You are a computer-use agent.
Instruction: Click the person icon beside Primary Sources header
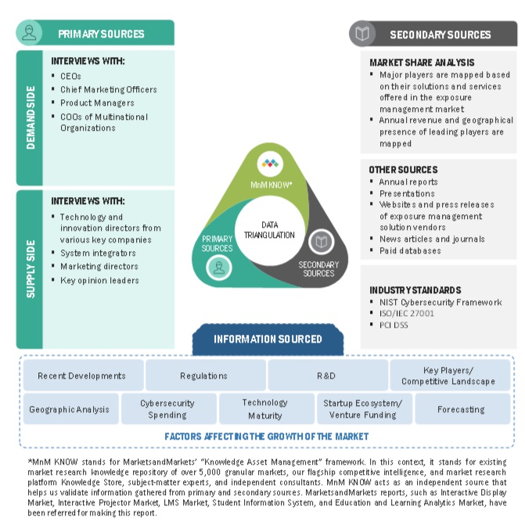tap(30, 33)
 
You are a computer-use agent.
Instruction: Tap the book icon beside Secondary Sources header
tap(361, 34)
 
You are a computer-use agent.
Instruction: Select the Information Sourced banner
tap(268, 339)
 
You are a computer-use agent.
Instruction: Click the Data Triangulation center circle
tap(268, 228)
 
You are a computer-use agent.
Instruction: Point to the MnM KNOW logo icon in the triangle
tap(269, 164)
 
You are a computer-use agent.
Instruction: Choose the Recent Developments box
tap(81, 375)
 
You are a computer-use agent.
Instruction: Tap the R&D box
tap(326, 375)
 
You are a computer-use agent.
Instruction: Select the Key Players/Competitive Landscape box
tap(448, 375)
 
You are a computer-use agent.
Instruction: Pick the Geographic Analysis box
tap(70, 409)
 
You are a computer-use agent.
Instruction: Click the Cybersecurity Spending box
tap(167, 409)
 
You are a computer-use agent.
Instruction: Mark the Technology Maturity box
tap(264, 409)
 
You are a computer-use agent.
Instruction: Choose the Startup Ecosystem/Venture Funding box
tap(362, 409)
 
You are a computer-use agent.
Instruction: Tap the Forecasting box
tap(461, 409)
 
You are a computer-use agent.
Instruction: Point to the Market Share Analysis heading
tap(422, 63)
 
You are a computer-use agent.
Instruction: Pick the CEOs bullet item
tap(71, 76)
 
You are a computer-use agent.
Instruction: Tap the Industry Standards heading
tap(415, 289)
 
